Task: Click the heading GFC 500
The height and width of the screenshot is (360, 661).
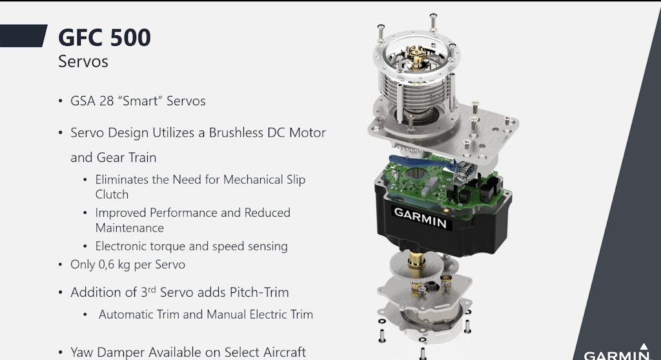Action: pos(104,37)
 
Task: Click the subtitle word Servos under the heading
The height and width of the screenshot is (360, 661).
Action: pos(83,61)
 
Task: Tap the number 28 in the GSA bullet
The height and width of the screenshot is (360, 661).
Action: pos(107,101)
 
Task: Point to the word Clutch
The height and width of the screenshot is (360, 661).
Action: pos(112,194)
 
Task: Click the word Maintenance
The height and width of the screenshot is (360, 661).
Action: pos(129,228)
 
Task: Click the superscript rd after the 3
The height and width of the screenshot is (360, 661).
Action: pos(152,289)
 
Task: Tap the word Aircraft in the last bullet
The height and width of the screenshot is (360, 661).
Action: pos(285,352)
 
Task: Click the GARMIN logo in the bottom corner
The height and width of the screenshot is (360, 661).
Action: pos(616,354)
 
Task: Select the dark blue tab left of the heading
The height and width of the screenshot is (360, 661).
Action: pos(23,35)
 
